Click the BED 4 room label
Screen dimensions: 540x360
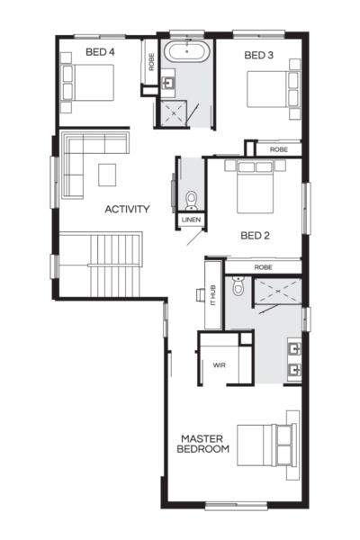[100, 52]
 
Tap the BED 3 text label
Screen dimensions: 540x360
[259, 56]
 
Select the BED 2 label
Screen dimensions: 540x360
[256, 237]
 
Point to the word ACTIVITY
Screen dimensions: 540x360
[126, 210]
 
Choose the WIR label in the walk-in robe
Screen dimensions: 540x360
[219, 365]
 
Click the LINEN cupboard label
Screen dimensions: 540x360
[191, 220]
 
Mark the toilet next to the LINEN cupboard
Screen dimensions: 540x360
[191, 198]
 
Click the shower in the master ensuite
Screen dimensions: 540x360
[278, 292]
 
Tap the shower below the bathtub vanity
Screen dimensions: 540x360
[173, 112]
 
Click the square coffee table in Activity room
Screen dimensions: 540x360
[107, 172]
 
